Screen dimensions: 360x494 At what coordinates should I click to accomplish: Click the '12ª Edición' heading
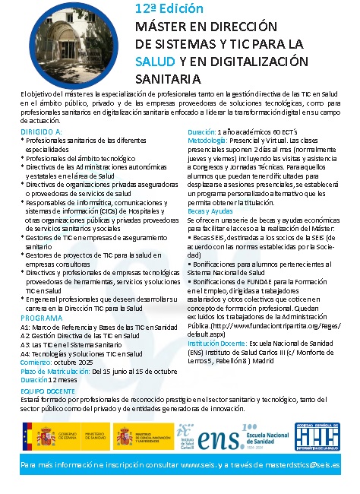pos(169,9)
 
